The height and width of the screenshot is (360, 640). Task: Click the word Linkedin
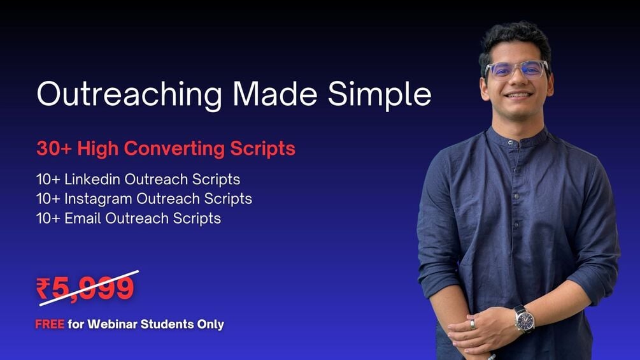tap(93, 180)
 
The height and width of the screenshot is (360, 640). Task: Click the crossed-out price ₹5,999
tap(85, 289)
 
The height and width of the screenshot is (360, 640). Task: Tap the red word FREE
tap(49, 324)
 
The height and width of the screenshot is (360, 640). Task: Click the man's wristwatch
tap(524, 319)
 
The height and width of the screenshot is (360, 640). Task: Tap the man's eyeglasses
tap(516, 69)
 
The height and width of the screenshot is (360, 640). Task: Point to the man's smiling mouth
tap(518, 96)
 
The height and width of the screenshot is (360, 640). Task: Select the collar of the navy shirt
tap(517, 135)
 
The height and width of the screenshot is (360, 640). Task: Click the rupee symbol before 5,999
tap(43, 289)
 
